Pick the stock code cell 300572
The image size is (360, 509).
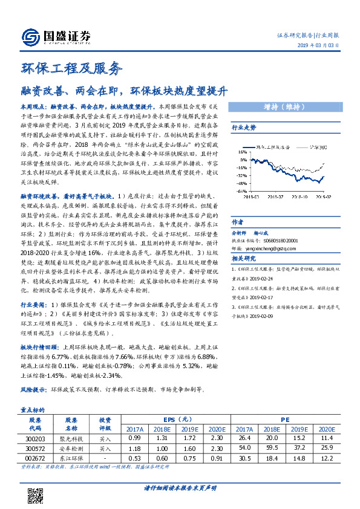point(34,449)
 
